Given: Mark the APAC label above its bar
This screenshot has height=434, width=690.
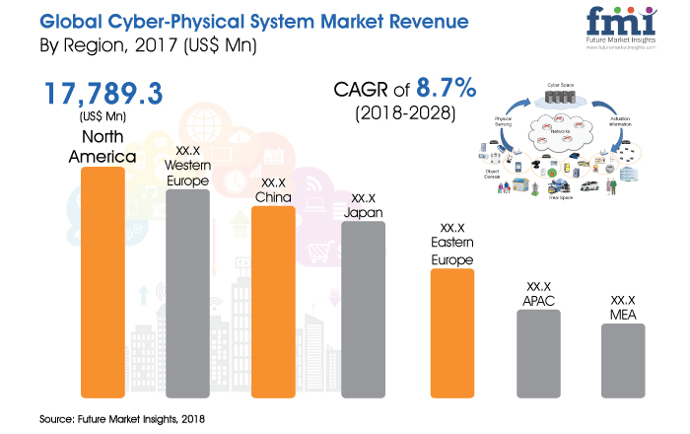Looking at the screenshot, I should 538,296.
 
